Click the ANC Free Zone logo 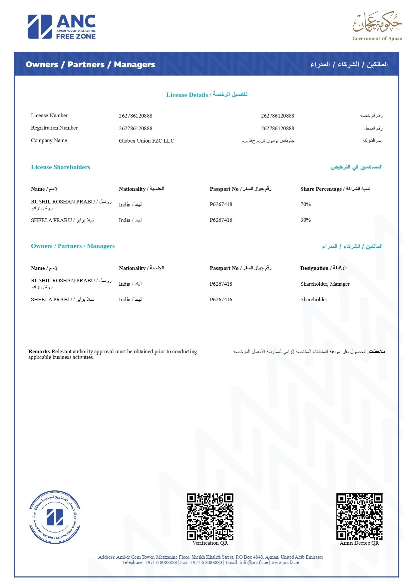tap(62, 27)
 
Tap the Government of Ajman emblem tap(377, 26)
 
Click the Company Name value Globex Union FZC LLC tap(147, 141)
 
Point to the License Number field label tap(49, 116)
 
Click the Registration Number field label tap(54, 128)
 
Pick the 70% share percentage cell tap(305, 204)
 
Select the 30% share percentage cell tap(305, 220)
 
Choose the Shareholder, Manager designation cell tap(325, 284)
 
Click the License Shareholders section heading tap(61, 167)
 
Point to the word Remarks tap(40, 352)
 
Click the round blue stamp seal tap(55, 517)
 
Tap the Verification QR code tap(210, 516)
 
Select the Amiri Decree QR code tap(359, 516)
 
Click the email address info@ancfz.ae tap(253, 562)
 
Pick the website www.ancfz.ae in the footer tap(285, 562)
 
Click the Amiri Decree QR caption tap(359, 543)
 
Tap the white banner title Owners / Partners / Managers tap(90, 65)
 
